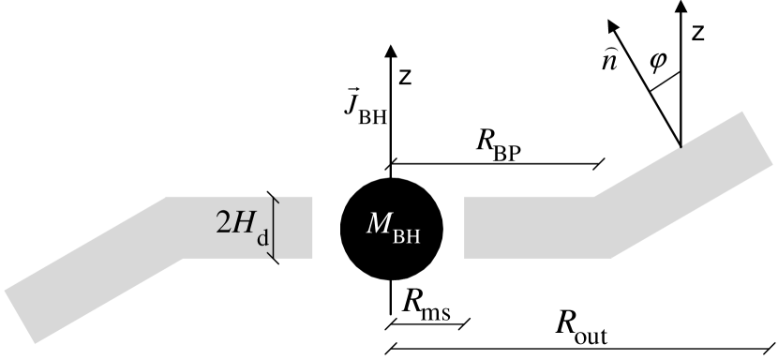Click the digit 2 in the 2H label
pyautogui.click(x=224, y=223)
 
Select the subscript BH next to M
pyautogui.click(x=407, y=236)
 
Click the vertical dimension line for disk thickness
pyautogui.click(x=273, y=227)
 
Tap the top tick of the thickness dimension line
pyautogui.click(x=275, y=198)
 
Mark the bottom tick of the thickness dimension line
pyautogui.click(x=275, y=256)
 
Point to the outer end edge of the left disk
pyautogui.click(x=19, y=316)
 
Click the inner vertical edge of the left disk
pyautogui.click(x=312, y=227)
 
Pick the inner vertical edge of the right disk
pyautogui.click(x=464, y=227)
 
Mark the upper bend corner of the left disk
pyautogui.click(x=167, y=197)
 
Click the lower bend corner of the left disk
pyautogui.click(x=183, y=257)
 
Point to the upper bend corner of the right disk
pyautogui.click(x=594, y=197)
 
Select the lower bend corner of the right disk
pyautogui.click(x=611, y=257)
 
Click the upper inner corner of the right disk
pyautogui.click(x=465, y=198)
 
